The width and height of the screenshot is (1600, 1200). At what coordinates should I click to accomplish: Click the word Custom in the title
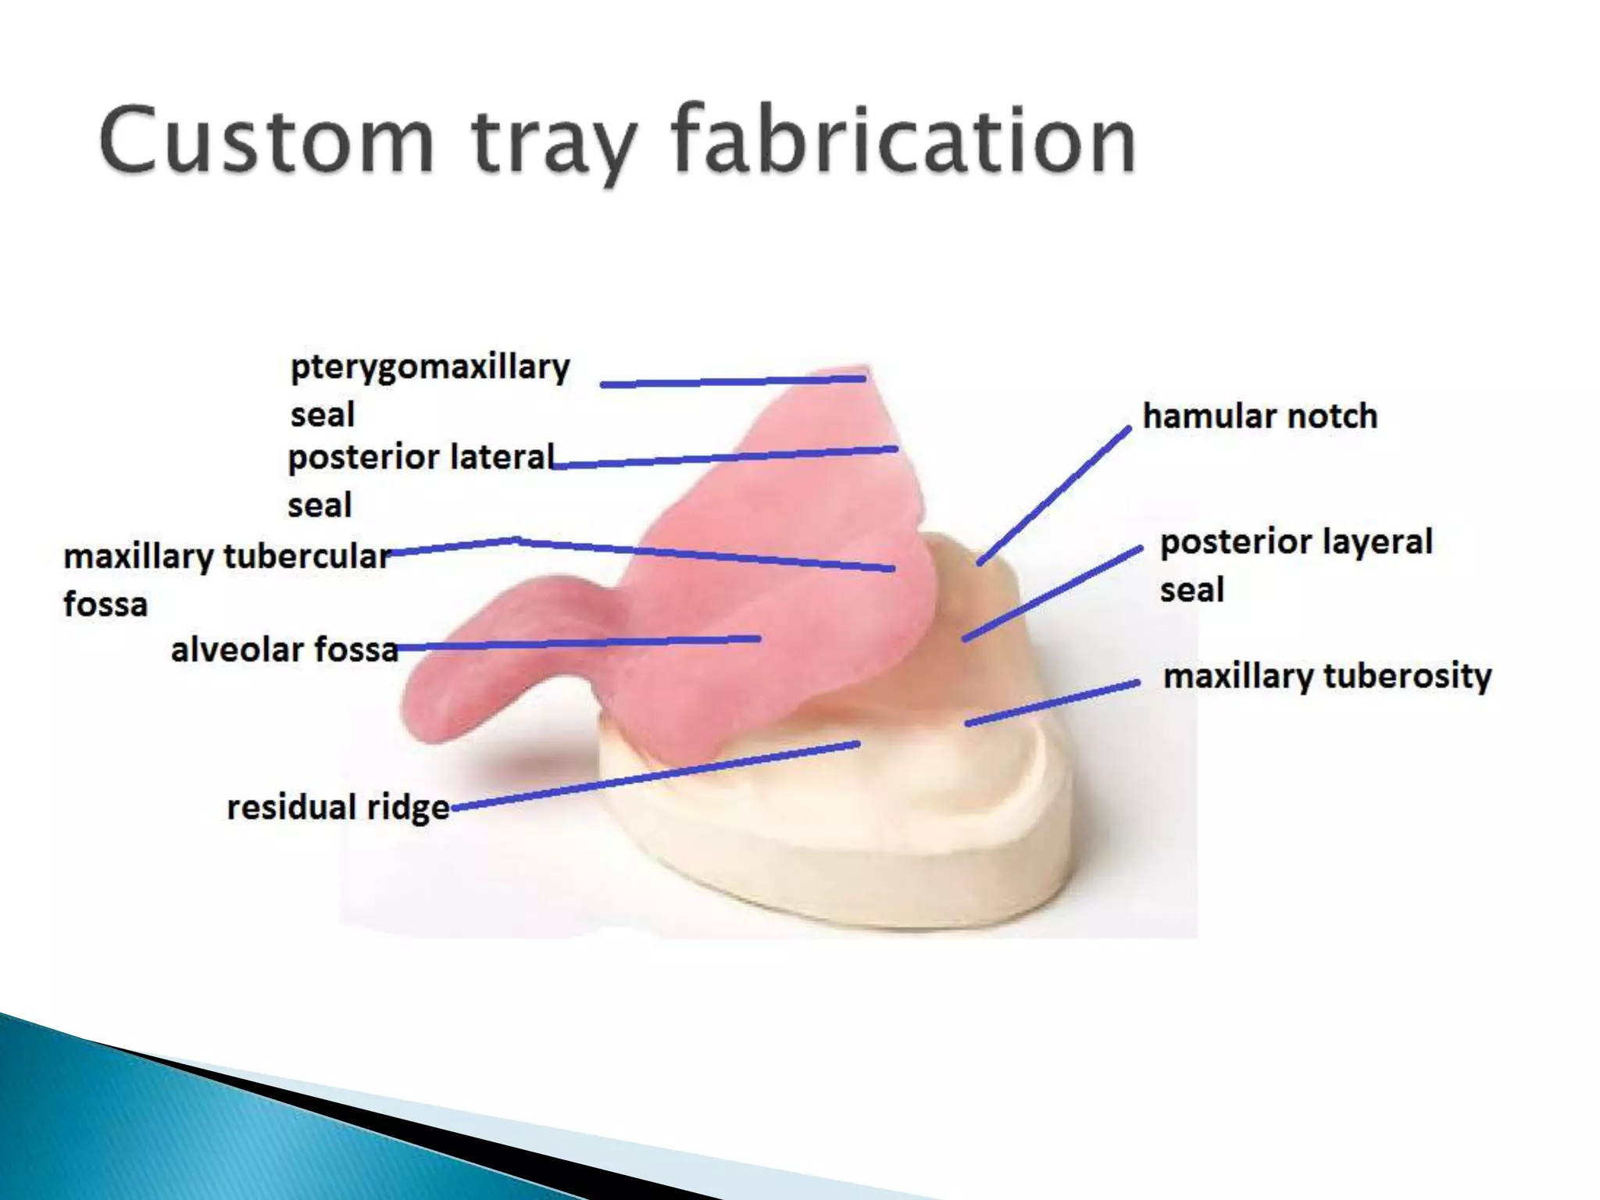click(266, 141)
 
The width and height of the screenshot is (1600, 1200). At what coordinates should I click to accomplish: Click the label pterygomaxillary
click(430, 367)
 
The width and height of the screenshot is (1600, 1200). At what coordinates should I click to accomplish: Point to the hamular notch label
click(1259, 416)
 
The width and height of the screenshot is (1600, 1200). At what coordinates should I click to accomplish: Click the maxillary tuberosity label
click(1327, 676)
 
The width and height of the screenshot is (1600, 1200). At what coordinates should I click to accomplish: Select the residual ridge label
click(337, 807)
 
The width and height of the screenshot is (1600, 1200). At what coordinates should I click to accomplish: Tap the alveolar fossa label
click(284, 649)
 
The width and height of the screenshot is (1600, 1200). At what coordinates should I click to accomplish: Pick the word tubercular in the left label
click(307, 556)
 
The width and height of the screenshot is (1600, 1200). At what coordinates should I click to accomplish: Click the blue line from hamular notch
click(1055, 495)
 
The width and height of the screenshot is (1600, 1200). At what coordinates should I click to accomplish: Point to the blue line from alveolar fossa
click(578, 643)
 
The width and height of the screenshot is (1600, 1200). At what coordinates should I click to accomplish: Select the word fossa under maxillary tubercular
click(105, 605)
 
